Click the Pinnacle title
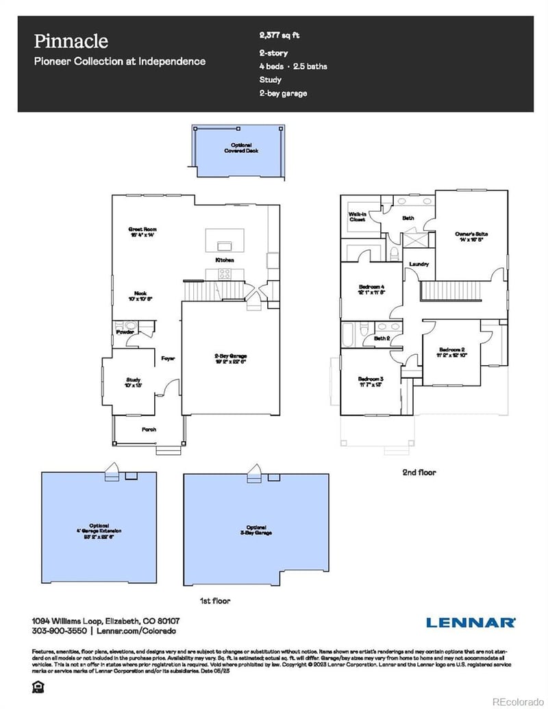[x=71, y=41]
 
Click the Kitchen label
[x=225, y=260]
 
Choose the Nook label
[x=141, y=296]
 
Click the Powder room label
[x=125, y=332]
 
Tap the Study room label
[x=133, y=382]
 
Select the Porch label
[x=149, y=430]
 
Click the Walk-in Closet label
[x=358, y=217]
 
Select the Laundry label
[x=419, y=264]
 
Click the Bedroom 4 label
[x=373, y=289]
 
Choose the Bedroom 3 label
[x=371, y=382]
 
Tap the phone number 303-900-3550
[x=58, y=630]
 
